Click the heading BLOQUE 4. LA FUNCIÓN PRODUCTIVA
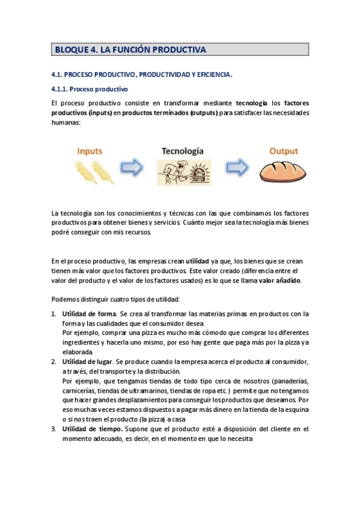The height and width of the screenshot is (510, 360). pos(130,50)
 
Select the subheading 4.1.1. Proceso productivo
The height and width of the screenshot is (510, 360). pos(89,90)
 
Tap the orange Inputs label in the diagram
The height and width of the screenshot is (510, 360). pos(89,152)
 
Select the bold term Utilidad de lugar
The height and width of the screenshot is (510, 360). pos(88,361)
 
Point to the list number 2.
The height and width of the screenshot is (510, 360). pos(53,361)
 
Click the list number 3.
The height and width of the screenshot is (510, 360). pos(53,429)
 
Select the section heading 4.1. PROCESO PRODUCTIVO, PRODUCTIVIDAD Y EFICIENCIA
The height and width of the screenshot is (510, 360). pos(142,75)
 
